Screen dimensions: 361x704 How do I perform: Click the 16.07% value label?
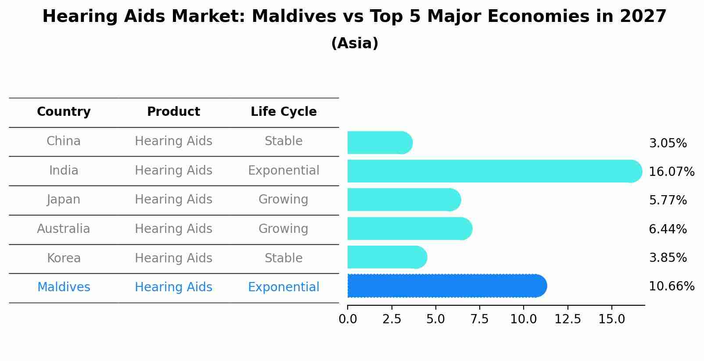671,172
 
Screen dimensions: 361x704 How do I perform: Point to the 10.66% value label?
671,286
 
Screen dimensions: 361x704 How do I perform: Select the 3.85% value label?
668,257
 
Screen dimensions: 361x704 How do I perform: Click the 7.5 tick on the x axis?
479,319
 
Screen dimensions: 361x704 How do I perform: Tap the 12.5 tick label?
568,319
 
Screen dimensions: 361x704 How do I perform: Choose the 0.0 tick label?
348,319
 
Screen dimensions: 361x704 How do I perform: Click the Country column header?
64,112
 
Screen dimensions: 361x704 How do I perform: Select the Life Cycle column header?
284,112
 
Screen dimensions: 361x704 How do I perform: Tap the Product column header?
173,112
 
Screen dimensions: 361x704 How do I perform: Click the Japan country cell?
64,200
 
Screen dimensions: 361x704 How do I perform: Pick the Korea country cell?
64,258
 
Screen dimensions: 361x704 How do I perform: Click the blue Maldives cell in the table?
64,287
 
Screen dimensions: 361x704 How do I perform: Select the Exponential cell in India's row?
284,170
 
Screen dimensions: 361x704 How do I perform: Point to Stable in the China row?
284,141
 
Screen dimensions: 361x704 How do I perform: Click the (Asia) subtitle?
355,43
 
